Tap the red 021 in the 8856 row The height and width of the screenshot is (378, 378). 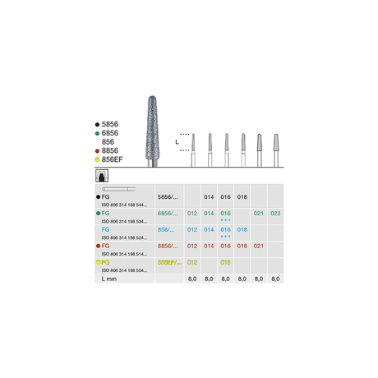coord(259,246)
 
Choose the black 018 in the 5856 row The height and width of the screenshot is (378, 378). coord(242,198)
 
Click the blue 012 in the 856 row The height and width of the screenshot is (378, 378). coord(191,230)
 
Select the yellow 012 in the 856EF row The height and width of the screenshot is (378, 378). coord(191,262)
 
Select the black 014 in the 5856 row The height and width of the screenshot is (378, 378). coord(208,198)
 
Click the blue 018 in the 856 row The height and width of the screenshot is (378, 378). coord(242,230)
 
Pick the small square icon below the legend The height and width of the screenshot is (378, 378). coord(104,175)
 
